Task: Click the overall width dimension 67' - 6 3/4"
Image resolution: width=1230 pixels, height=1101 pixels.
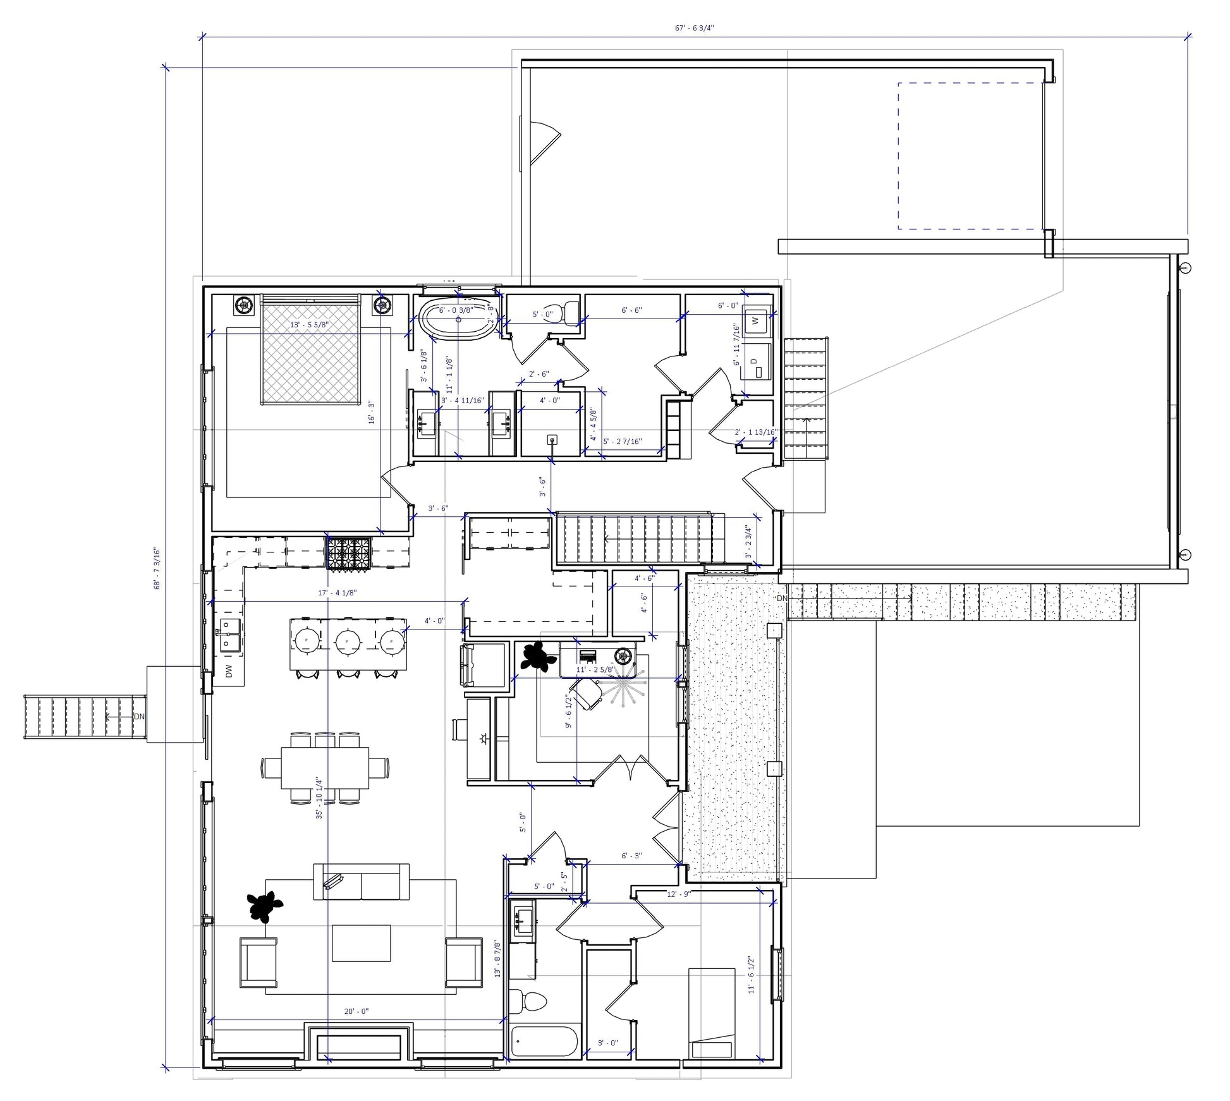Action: click(694, 28)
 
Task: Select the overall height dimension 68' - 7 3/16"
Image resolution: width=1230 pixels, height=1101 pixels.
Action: click(157, 568)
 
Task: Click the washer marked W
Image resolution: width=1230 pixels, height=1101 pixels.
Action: click(756, 321)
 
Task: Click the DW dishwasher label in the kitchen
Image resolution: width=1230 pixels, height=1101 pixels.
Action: click(229, 671)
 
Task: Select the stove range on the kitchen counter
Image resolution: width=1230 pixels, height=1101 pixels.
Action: click(349, 553)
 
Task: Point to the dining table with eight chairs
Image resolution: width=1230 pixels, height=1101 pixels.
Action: click(325, 768)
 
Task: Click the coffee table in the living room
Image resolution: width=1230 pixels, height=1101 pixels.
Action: click(361, 943)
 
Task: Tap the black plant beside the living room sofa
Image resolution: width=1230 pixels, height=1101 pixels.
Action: click(264, 906)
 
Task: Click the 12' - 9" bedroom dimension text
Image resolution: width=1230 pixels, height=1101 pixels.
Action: click(679, 894)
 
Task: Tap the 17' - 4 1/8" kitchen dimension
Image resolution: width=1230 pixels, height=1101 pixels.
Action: click(338, 593)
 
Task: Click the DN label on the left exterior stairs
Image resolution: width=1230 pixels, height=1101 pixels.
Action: click(138, 717)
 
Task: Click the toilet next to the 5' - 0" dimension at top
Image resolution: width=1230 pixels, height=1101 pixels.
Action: click(571, 312)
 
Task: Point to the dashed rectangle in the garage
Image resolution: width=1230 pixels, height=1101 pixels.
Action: click(970, 155)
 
